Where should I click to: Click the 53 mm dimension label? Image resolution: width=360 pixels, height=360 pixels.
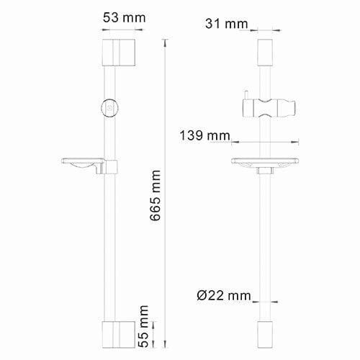pyautogui.click(x=125, y=18)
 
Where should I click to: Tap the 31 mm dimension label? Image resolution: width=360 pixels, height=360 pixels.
pyautogui.click(x=227, y=24)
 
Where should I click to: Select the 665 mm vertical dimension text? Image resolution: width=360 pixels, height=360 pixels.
pyautogui.click(x=155, y=195)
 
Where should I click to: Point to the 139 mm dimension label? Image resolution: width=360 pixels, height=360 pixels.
pyautogui.click(x=204, y=135)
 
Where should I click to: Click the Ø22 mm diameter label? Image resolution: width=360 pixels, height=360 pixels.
pyautogui.click(x=224, y=295)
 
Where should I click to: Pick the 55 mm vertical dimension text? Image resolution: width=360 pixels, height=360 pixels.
pyautogui.click(x=143, y=326)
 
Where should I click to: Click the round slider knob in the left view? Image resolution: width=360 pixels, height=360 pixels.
pyautogui.click(x=109, y=108)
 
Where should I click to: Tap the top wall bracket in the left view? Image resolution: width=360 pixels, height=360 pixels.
pyautogui.click(x=119, y=53)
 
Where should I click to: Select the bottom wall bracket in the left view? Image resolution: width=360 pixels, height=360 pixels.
pyautogui.click(x=119, y=335)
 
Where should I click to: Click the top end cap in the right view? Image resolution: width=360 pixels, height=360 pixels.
pyautogui.click(x=265, y=53)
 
